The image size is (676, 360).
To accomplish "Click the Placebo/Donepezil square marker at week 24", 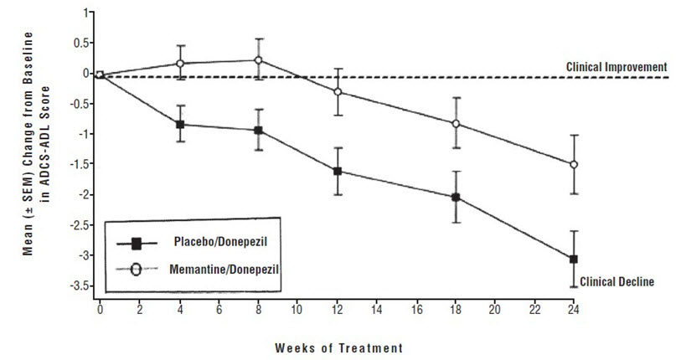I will tap(573, 260).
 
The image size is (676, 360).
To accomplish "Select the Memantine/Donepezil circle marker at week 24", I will tap(573, 165).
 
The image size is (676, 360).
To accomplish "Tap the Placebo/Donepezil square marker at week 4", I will tap(180, 125).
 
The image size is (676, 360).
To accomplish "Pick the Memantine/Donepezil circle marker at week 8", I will tap(259, 60).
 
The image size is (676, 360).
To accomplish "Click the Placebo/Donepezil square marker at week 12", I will tap(338, 172).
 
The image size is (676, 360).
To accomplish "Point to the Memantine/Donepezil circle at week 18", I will tap(456, 124).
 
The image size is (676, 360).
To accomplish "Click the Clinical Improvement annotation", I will tap(616, 66).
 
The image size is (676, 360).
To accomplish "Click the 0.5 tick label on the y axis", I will tap(81, 44).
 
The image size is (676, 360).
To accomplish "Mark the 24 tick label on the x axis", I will tap(574, 309).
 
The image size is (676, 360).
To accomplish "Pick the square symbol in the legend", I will tap(135, 243).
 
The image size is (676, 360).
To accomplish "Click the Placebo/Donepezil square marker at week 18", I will tap(456, 198).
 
